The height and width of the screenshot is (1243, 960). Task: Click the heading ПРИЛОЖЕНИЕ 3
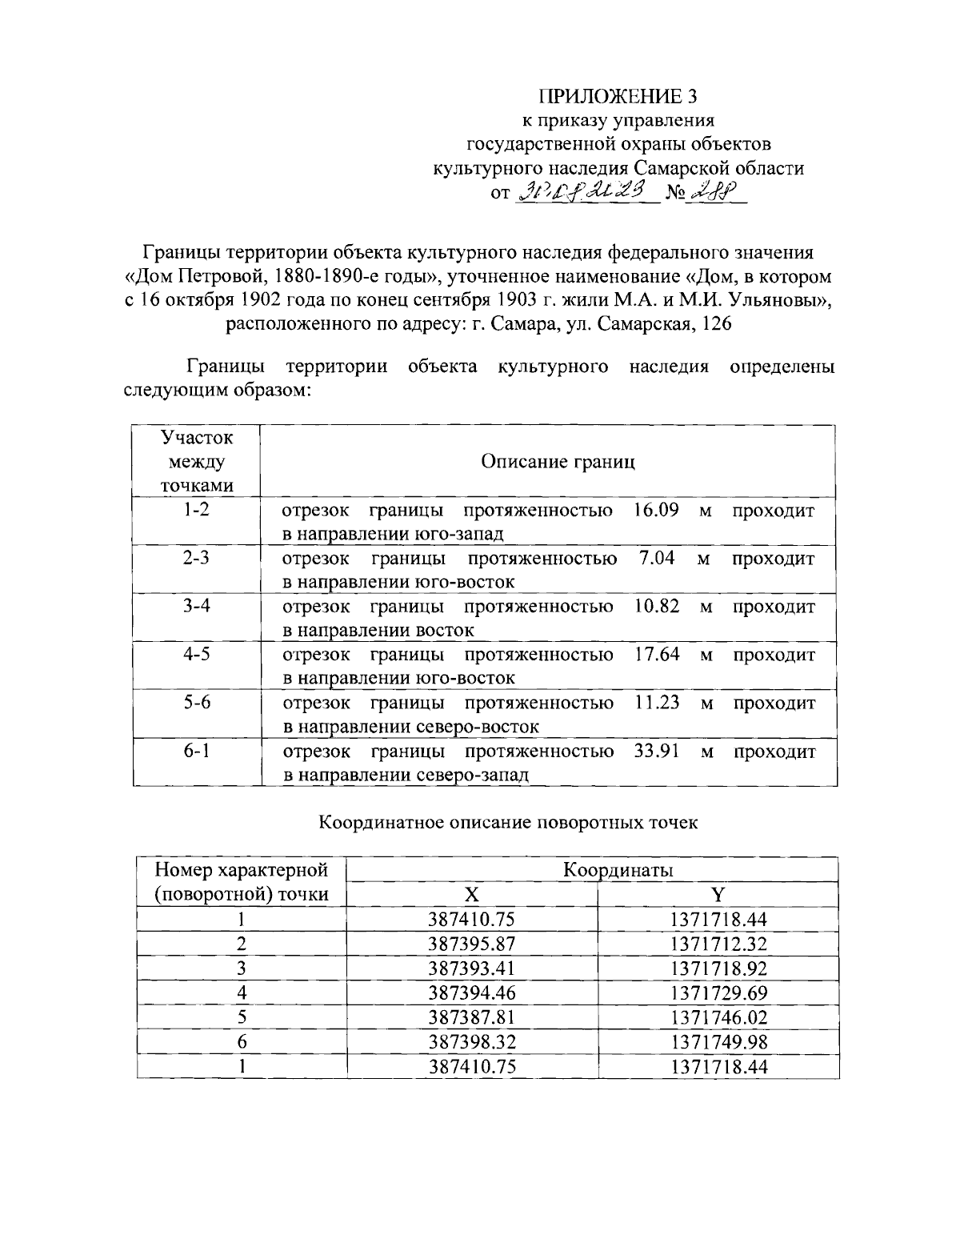pyautogui.click(x=618, y=96)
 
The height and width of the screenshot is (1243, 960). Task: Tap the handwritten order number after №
pyautogui.click(x=712, y=193)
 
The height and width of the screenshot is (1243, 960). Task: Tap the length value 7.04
pyautogui.click(x=658, y=559)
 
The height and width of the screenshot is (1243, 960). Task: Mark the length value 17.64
pyautogui.click(x=657, y=655)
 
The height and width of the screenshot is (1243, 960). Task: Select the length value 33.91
pyautogui.click(x=657, y=752)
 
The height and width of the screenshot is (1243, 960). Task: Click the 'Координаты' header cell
pyautogui.click(x=618, y=870)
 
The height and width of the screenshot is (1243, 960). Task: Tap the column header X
pyautogui.click(x=472, y=895)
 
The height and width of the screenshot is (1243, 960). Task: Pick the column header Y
pyautogui.click(x=718, y=895)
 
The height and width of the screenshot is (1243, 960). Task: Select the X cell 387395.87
pyautogui.click(x=472, y=944)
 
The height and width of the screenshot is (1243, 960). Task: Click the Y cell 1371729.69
pyautogui.click(x=718, y=993)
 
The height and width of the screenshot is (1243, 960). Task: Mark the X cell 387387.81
pyautogui.click(x=472, y=1017)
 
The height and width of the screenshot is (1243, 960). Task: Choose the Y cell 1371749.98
pyautogui.click(x=718, y=1042)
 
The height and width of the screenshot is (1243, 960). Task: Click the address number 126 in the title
pyautogui.click(x=716, y=325)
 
